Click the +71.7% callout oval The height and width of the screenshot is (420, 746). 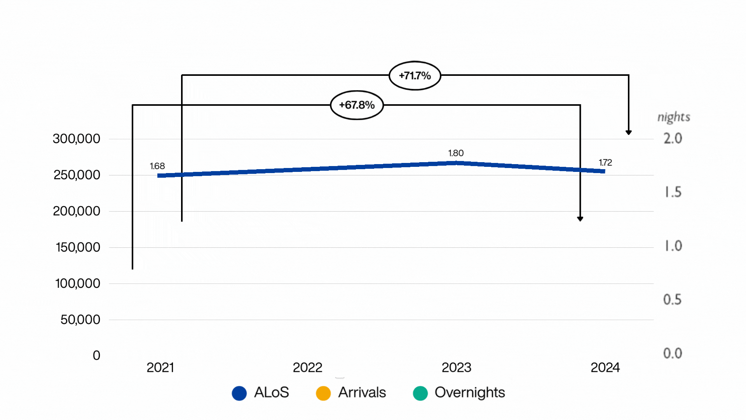click(x=415, y=75)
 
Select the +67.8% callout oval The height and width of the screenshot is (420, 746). click(x=357, y=105)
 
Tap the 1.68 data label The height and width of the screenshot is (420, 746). click(x=157, y=166)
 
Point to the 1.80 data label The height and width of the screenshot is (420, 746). click(x=456, y=153)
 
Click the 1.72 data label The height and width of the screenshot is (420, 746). click(x=605, y=163)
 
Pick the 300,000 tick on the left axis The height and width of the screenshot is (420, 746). click(x=77, y=139)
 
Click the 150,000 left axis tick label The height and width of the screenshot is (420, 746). click(x=78, y=247)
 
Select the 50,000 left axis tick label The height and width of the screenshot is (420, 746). click(x=80, y=320)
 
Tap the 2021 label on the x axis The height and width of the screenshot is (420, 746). click(x=160, y=367)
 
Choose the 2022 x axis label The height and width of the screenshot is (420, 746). click(x=307, y=367)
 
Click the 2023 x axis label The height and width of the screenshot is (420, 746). click(x=456, y=367)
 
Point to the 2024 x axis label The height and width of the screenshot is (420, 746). click(x=605, y=367)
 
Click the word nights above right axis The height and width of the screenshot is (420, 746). click(x=674, y=117)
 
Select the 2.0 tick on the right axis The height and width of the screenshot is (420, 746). click(x=673, y=138)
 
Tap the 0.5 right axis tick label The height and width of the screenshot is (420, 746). click(x=672, y=299)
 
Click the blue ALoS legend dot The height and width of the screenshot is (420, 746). click(x=239, y=393)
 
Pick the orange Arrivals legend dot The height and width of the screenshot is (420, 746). click(x=323, y=393)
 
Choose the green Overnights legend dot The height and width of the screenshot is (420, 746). click(x=420, y=393)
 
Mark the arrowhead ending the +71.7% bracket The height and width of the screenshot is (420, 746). click(x=629, y=133)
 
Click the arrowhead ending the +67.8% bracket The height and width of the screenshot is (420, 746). click(x=580, y=219)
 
